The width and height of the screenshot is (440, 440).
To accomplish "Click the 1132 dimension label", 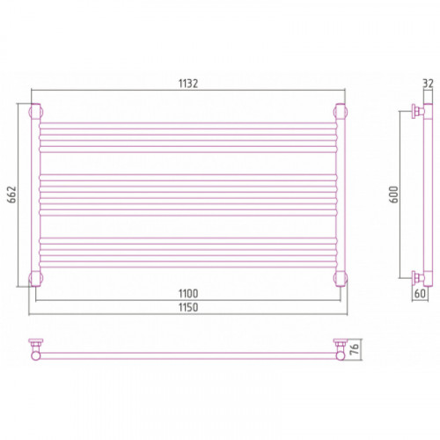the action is click(x=188, y=84).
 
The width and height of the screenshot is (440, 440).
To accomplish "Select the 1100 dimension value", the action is click(x=188, y=293).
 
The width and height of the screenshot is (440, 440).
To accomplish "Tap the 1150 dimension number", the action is click(x=188, y=307).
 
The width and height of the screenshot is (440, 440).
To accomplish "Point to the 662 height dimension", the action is click(x=12, y=194).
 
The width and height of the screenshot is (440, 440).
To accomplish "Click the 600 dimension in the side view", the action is click(x=394, y=194).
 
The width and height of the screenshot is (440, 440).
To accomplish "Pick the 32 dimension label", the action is click(x=428, y=84).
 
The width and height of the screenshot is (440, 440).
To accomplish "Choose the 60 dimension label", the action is click(x=420, y=293).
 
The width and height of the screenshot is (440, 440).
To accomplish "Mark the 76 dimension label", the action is click(x=355, y=348).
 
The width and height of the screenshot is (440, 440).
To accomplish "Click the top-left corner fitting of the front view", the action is click(x=36, y=112).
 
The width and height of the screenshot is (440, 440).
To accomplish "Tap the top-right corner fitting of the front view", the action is click(x=341, y=112).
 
